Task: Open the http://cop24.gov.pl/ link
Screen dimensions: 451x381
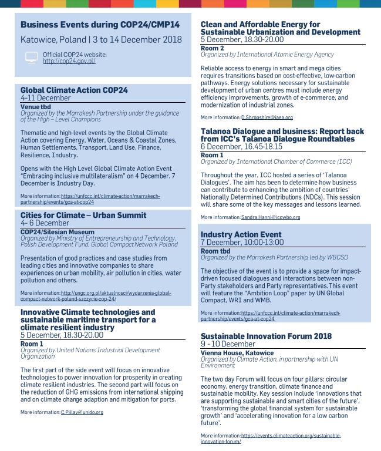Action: point(69,61)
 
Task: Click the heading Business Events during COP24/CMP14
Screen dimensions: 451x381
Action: point(100,25)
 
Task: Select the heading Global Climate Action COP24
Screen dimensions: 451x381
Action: point(74,90)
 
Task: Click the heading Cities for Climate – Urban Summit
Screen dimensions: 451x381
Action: point(83,216)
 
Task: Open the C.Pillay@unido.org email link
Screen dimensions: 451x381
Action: point(82,412)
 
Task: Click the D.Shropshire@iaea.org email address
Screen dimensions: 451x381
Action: point(262,118)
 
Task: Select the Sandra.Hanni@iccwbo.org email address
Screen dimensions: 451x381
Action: point(271,217)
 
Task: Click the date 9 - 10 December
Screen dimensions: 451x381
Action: point(228,344)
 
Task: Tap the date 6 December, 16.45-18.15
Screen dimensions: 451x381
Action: point(242,147)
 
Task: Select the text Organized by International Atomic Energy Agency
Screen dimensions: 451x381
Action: point(267,54)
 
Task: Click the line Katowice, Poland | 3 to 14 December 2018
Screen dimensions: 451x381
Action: point(101,40)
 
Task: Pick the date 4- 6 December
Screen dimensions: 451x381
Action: point(45,223)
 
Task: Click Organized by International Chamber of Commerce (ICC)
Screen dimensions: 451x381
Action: point(276,161)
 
